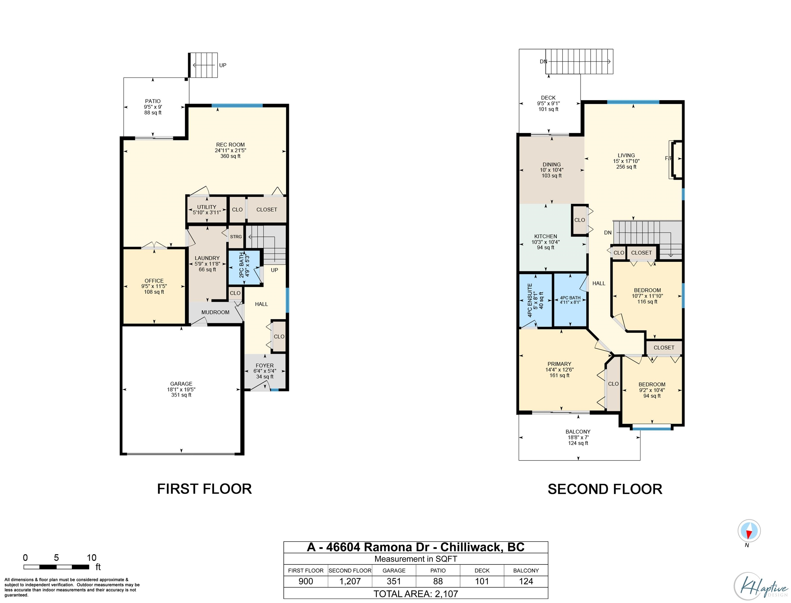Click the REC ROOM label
pyautogui.click(x=230, y=145)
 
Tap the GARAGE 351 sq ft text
pyautogui.click(x=181, y=395)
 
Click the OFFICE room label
pyautogui.click(x=154, y=281)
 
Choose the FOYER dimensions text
pyautogui.click(x=265, y=371)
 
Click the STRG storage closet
pyautogui.click(x=236, y=237)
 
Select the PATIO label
pyautogui.click(x=153, y=101)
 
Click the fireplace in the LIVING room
pyautogui.click(x=676, y=159)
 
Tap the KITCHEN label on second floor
pyautogui.click(x=545, y=236)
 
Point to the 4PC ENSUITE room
pyautogui.click(x=535, y=300)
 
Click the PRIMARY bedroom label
pyautogui.click(x=559, y=364)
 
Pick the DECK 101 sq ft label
pyautogui.click(x=548, y=109)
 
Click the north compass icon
pyautogui.click(x=748, y=531)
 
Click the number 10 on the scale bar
pyautogui.click(x=92, y=557)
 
